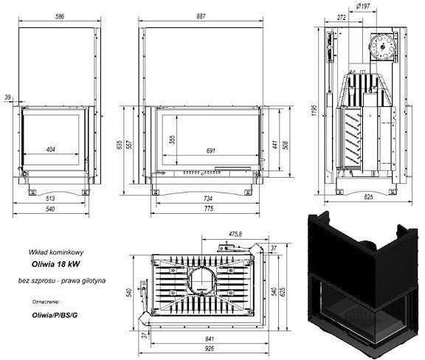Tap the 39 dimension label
(x=7, y=97)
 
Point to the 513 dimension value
(x=51, y=199)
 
